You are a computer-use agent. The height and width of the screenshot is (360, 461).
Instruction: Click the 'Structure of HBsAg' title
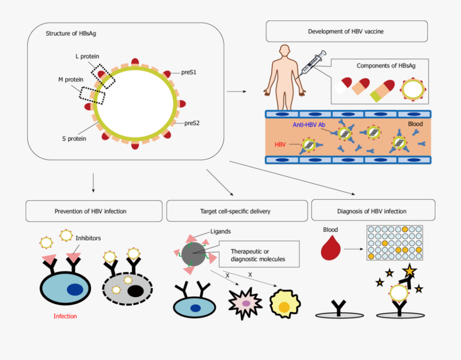coord(71,34)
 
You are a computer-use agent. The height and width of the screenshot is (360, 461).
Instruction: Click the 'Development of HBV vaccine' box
coord(346,31)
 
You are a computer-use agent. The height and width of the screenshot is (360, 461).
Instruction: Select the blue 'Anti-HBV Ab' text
coord(309,125)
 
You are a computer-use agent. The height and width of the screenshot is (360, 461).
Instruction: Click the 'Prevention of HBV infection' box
coord(91,211)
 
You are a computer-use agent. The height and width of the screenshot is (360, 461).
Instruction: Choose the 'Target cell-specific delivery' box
coord(235,211)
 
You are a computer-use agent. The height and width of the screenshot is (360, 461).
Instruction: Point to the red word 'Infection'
coord(65,316)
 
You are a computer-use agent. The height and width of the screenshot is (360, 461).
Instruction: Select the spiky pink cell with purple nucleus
coord(246,303)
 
